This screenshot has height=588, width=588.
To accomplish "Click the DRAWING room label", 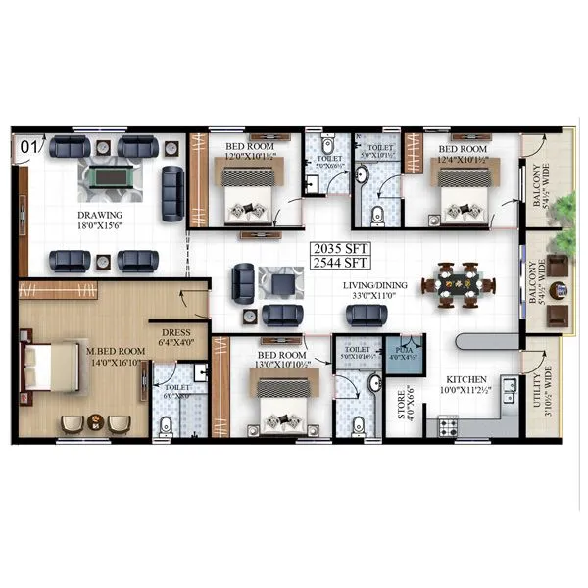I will (x=102, y=215).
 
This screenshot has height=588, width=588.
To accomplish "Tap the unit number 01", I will (x=28, y=147).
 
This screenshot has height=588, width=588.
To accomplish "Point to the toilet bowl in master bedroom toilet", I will (x=167, y=423).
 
